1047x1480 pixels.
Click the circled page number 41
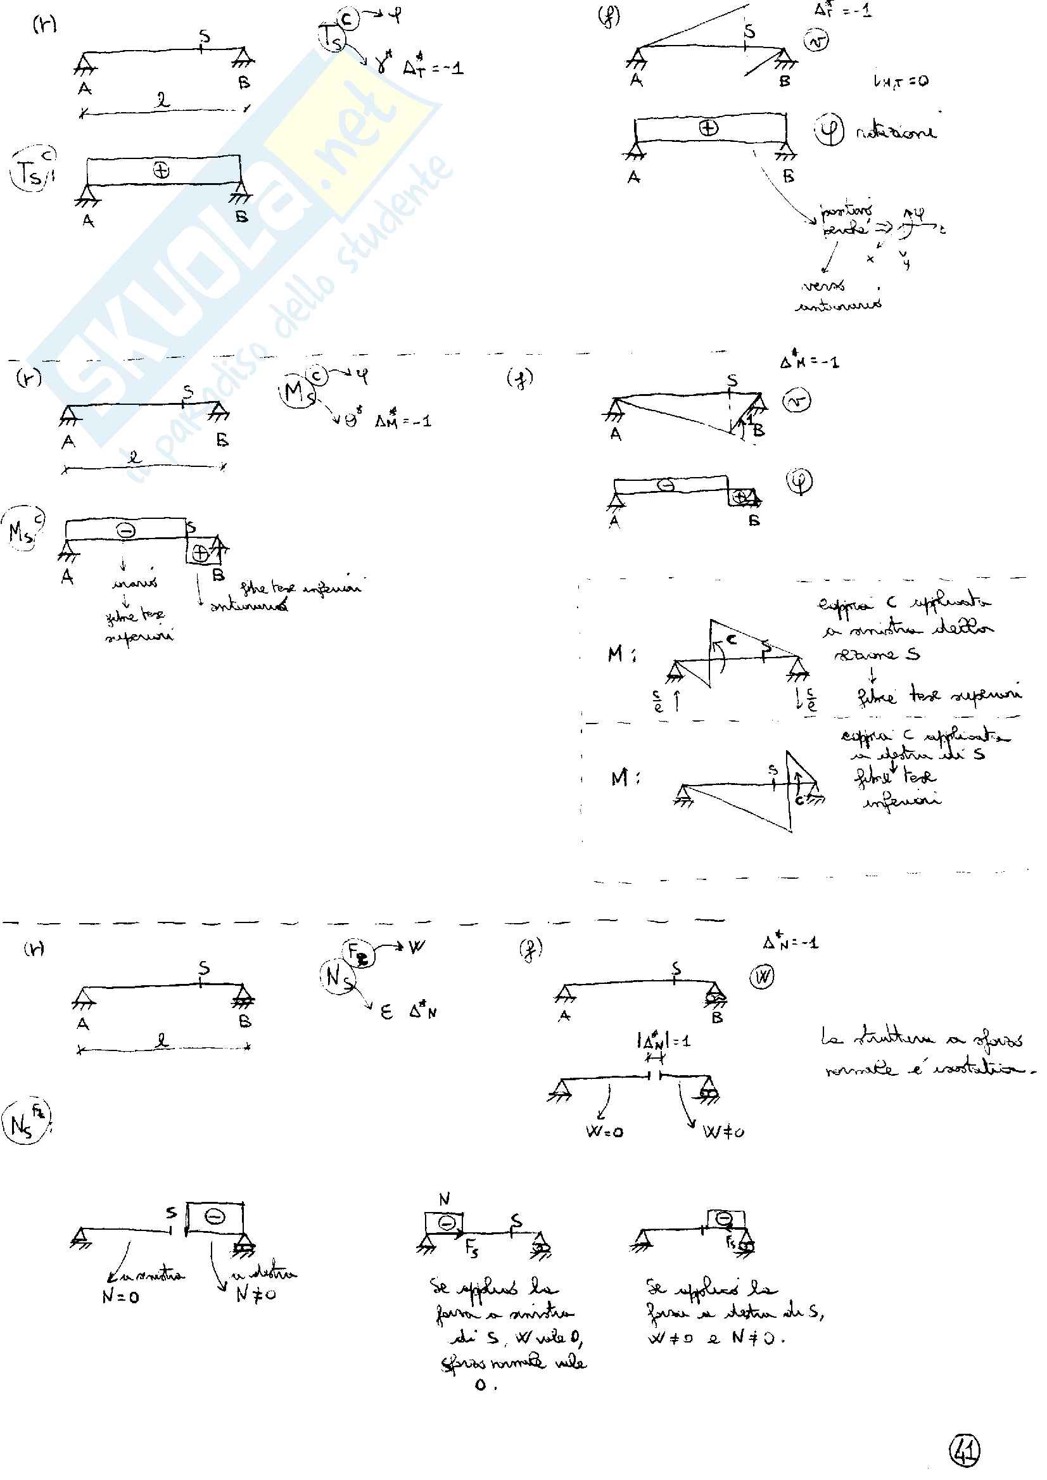click(x=965, y=1451)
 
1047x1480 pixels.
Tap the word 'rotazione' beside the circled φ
click(x=896, y=132)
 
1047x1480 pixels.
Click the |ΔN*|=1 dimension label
click(x=663, y=1040)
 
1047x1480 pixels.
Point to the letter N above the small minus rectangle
click(x=444, y=1199)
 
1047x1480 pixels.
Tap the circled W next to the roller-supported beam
click(x=763, y=978)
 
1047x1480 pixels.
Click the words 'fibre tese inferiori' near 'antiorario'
click(x=300, y=587)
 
